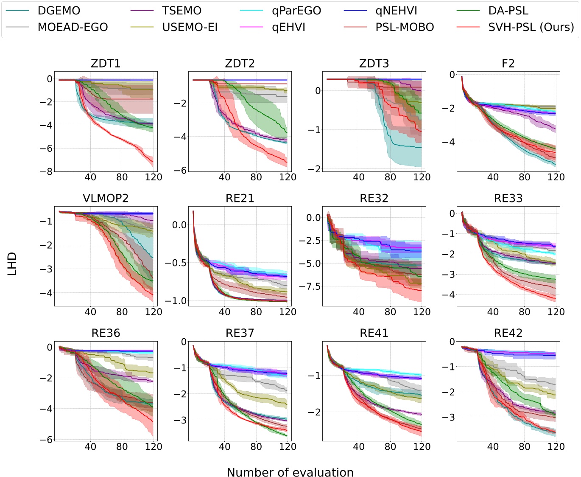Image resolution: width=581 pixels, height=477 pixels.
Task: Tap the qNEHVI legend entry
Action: point(396,11)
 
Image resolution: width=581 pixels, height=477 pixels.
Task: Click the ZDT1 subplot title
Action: point(106,64)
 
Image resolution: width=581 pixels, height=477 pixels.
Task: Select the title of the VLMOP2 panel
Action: point(106,198)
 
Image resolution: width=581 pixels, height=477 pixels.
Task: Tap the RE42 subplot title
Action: point(508,333)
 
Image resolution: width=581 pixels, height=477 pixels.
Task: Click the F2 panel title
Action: point(508,64)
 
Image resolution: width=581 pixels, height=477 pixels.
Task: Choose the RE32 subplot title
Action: point(374,198)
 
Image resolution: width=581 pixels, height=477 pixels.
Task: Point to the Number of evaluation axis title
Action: point(290,472)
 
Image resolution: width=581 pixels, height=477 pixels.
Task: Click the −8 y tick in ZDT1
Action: point(47,171)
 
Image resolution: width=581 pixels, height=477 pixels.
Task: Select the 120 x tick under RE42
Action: point(556,446)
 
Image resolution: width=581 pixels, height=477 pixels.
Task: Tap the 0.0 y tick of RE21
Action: point(179,225)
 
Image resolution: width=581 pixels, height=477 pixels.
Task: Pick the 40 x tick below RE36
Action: point(90,446)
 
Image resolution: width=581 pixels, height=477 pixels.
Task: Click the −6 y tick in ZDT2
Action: point(181,170)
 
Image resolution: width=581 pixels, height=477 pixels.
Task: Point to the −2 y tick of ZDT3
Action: point(315,169)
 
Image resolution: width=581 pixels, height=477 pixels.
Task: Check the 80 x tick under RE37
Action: point(256,446)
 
